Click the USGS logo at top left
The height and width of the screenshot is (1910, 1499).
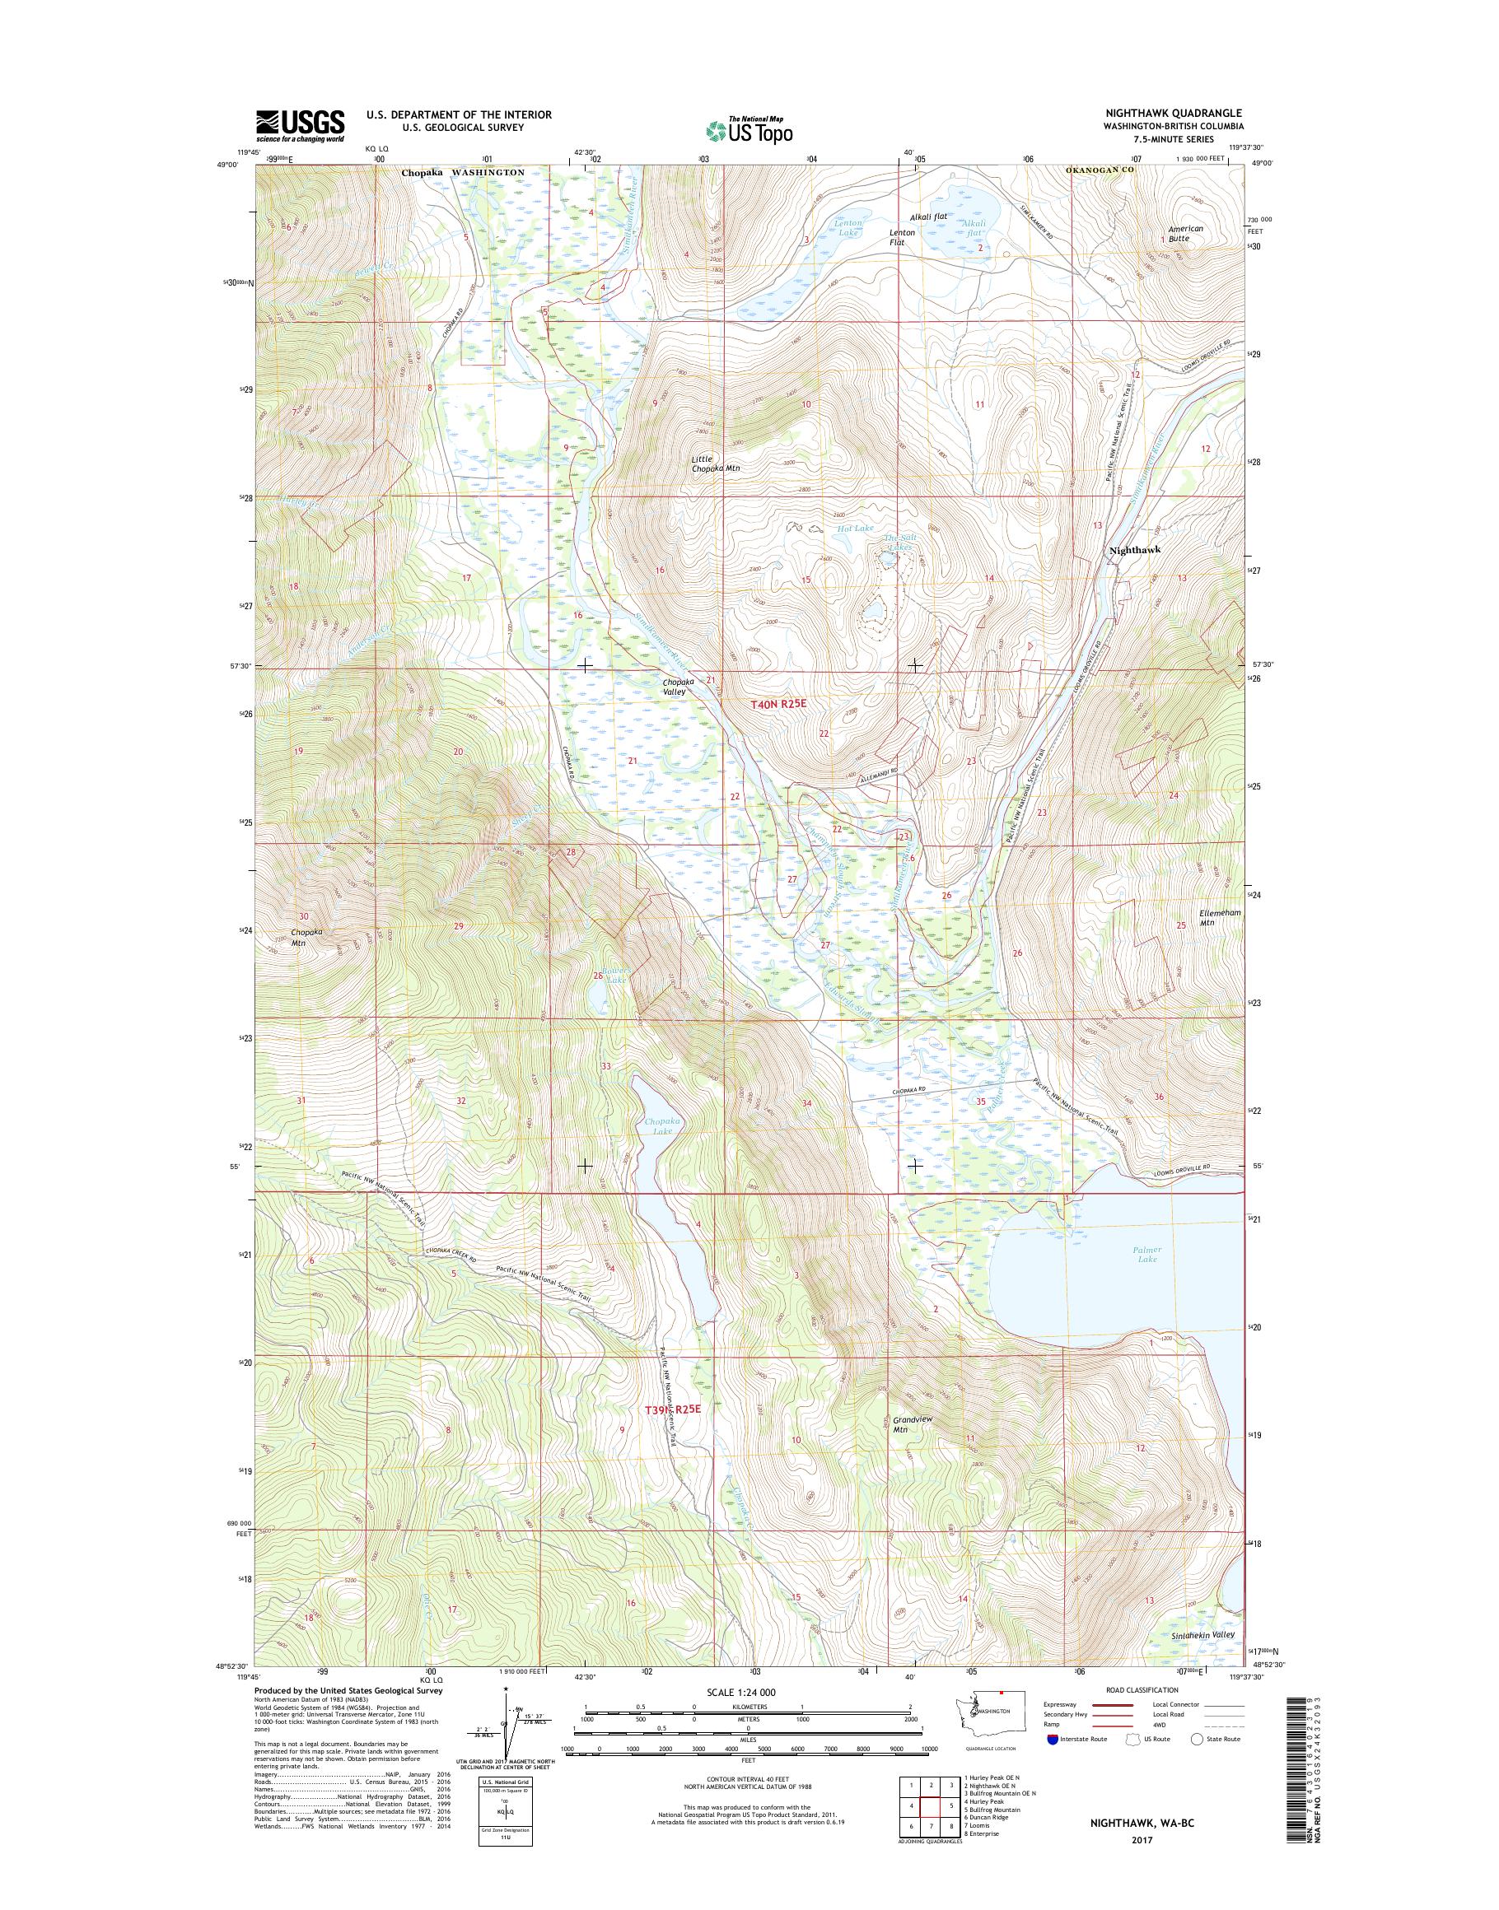tap(299, 126)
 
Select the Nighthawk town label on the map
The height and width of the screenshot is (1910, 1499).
tap(1135, 549)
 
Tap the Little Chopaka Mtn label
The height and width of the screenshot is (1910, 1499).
tap(714, 464)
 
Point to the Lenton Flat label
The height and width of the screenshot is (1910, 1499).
tap(902, 237)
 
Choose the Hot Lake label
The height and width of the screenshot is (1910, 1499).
tap(852, 529)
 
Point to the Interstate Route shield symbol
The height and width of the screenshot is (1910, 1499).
tap(1053, 1739)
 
